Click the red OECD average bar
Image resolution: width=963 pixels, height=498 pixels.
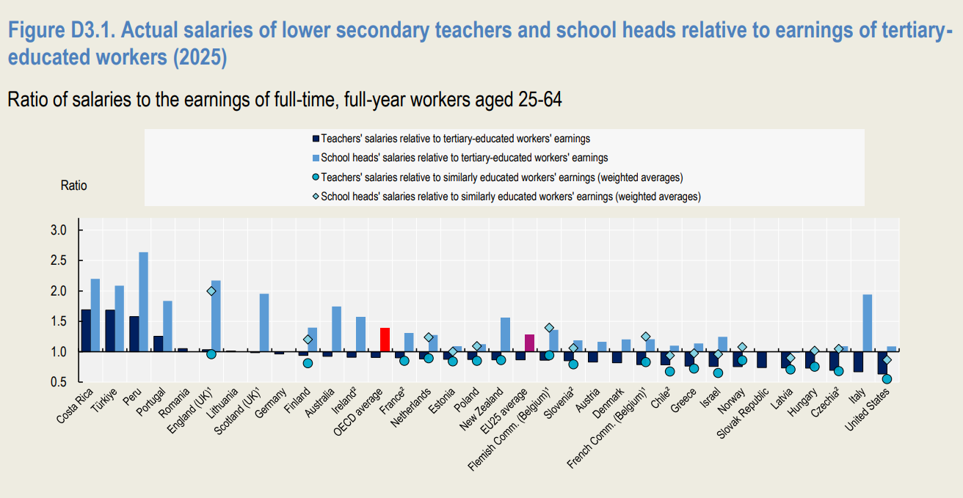[385, 340]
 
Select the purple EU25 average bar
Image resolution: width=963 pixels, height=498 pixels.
[530, 343]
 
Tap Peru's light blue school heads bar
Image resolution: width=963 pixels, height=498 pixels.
[144, 302]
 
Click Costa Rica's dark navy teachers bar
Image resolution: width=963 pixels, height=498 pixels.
[86, 331]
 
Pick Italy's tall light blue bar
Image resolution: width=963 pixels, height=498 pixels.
[868, 323]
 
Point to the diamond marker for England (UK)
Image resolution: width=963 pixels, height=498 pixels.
[211, 291]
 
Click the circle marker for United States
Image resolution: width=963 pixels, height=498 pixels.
[887, 379]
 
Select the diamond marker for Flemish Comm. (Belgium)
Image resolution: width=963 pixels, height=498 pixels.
[549, 328]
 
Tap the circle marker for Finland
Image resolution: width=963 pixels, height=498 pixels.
[308, 363]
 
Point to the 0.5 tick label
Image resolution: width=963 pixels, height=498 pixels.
[59, 382]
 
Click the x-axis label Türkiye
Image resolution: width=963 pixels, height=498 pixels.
[104, 400]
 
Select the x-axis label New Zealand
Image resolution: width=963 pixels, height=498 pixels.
[481, 409]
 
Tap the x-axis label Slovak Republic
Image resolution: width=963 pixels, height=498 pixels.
[743, 414]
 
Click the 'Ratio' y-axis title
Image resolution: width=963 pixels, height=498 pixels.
[73, 186]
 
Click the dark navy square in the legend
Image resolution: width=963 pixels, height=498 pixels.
[316, 139]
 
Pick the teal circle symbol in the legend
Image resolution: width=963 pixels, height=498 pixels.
[316, 177]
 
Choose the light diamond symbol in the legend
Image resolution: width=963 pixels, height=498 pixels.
[316, 197]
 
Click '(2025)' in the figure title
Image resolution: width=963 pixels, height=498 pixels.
[200, 57]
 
